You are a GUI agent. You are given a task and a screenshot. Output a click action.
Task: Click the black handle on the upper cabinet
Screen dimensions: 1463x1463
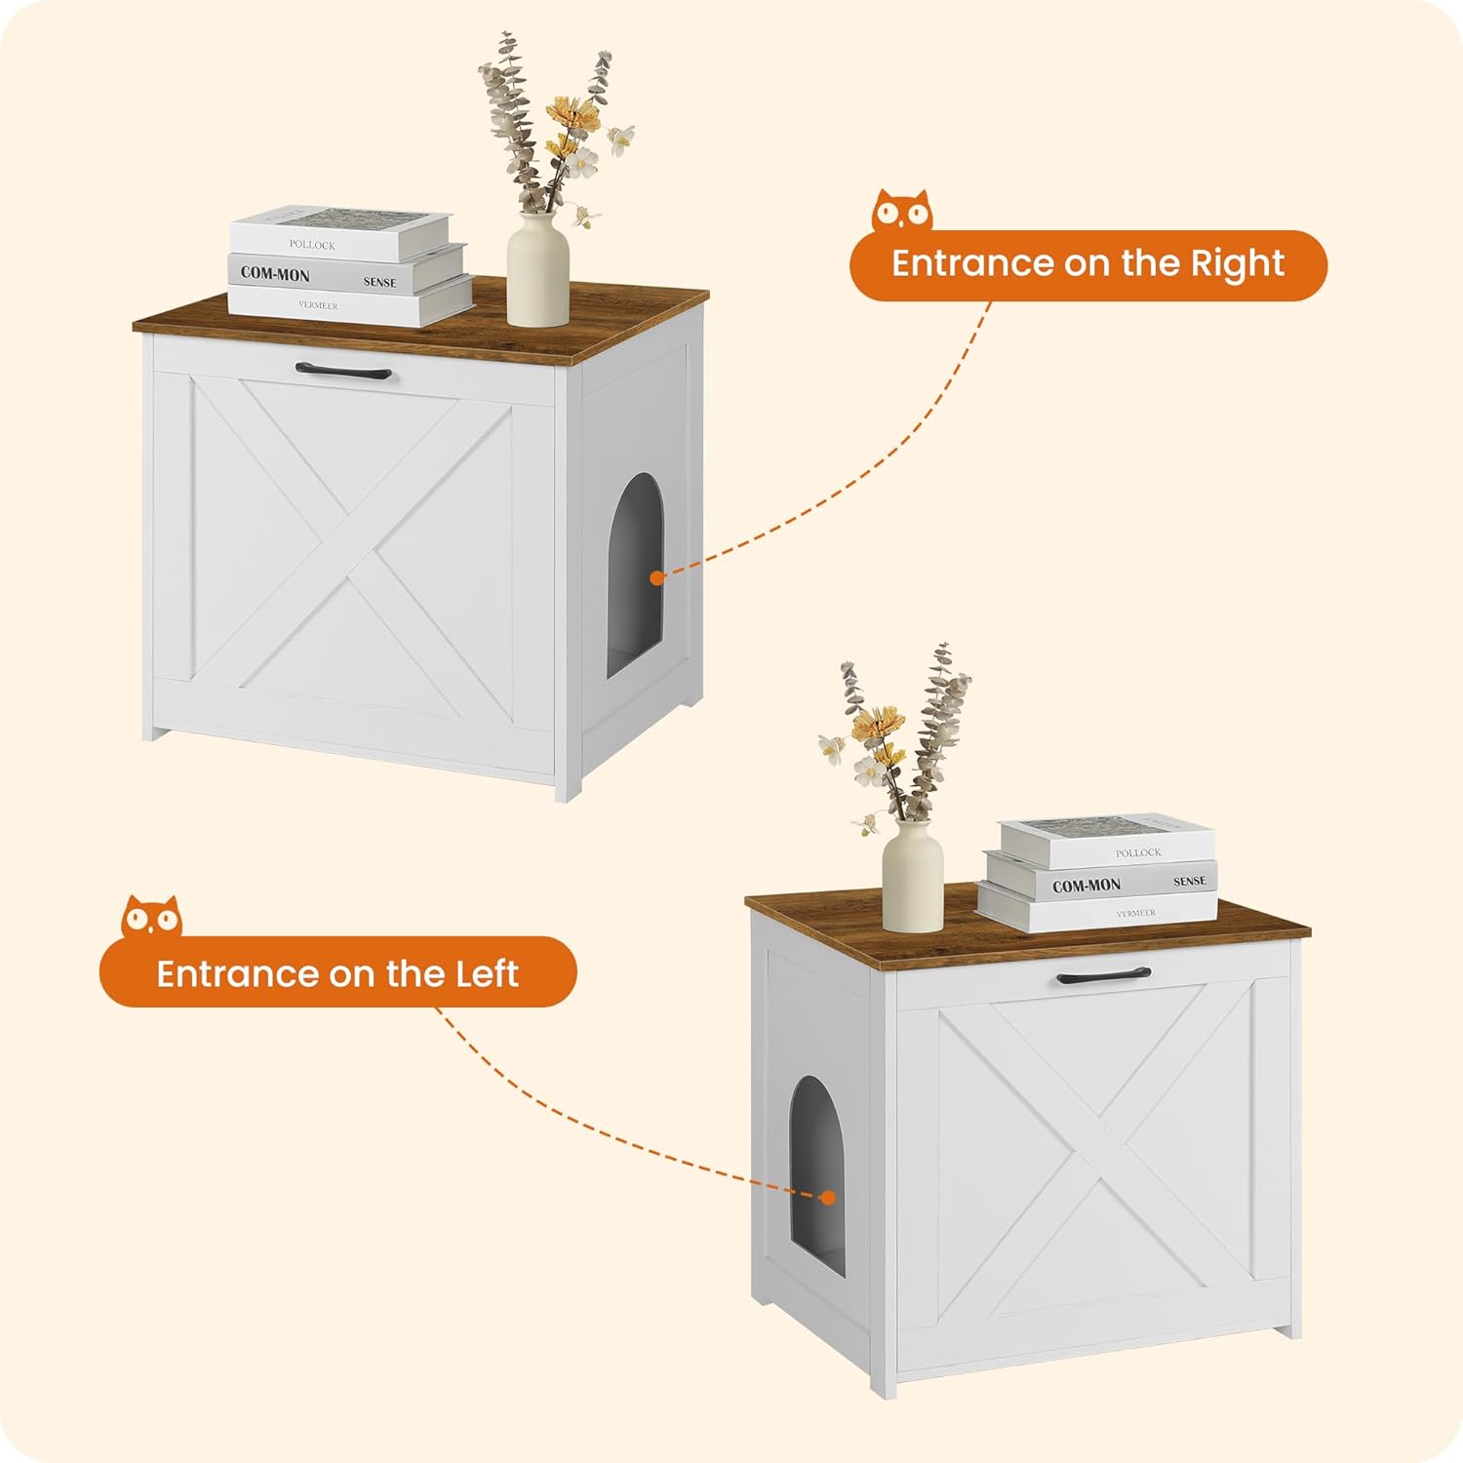343,372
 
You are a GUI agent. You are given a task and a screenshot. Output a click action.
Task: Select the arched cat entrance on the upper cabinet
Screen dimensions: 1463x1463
636,575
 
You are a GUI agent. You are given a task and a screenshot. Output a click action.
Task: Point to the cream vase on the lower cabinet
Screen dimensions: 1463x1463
913,875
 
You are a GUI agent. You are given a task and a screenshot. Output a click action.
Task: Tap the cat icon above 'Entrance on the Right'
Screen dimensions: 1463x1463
902,211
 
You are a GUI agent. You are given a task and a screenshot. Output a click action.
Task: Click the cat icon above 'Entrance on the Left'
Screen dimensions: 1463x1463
151,917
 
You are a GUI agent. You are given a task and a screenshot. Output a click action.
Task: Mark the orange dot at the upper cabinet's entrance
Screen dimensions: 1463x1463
657,578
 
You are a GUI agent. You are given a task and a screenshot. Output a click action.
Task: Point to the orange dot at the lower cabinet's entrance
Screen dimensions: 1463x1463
828,1198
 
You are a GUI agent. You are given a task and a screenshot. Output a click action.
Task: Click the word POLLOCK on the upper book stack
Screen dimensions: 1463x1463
312,245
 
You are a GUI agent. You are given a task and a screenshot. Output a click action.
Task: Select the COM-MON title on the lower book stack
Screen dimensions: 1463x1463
1087,886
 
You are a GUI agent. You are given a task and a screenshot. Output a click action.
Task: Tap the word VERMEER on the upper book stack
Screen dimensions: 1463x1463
318,305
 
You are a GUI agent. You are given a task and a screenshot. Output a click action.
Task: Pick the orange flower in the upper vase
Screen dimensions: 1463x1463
573,115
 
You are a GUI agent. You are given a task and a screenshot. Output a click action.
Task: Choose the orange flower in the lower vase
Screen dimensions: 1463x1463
875,724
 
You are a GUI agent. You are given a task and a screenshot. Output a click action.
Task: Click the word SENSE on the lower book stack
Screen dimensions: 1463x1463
1190,881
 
